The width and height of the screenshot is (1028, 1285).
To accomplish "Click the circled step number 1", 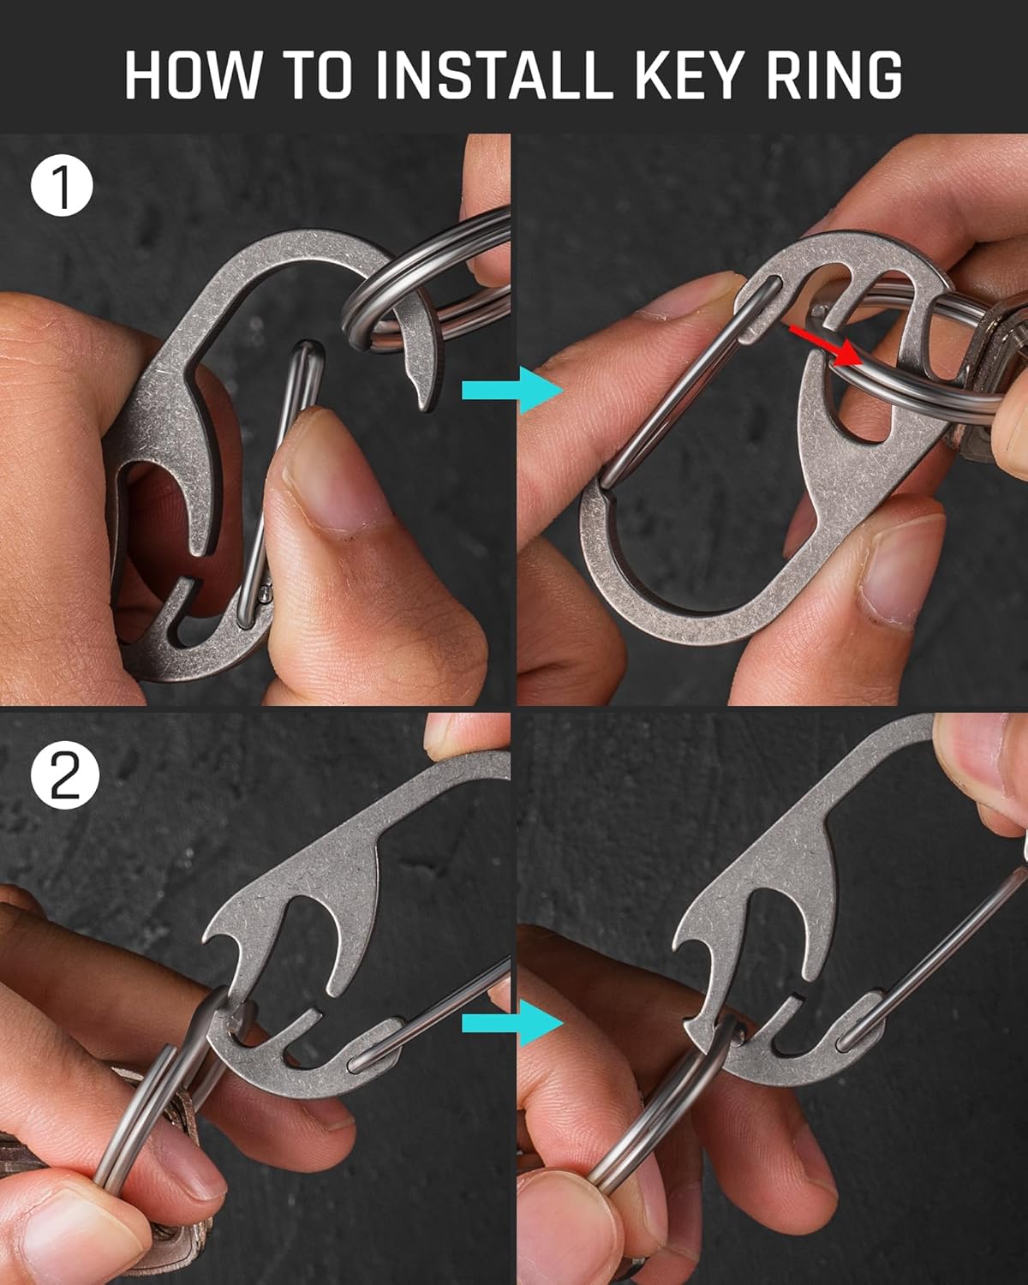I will [63, 189].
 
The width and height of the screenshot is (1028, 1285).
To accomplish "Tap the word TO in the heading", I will [318, 75].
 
